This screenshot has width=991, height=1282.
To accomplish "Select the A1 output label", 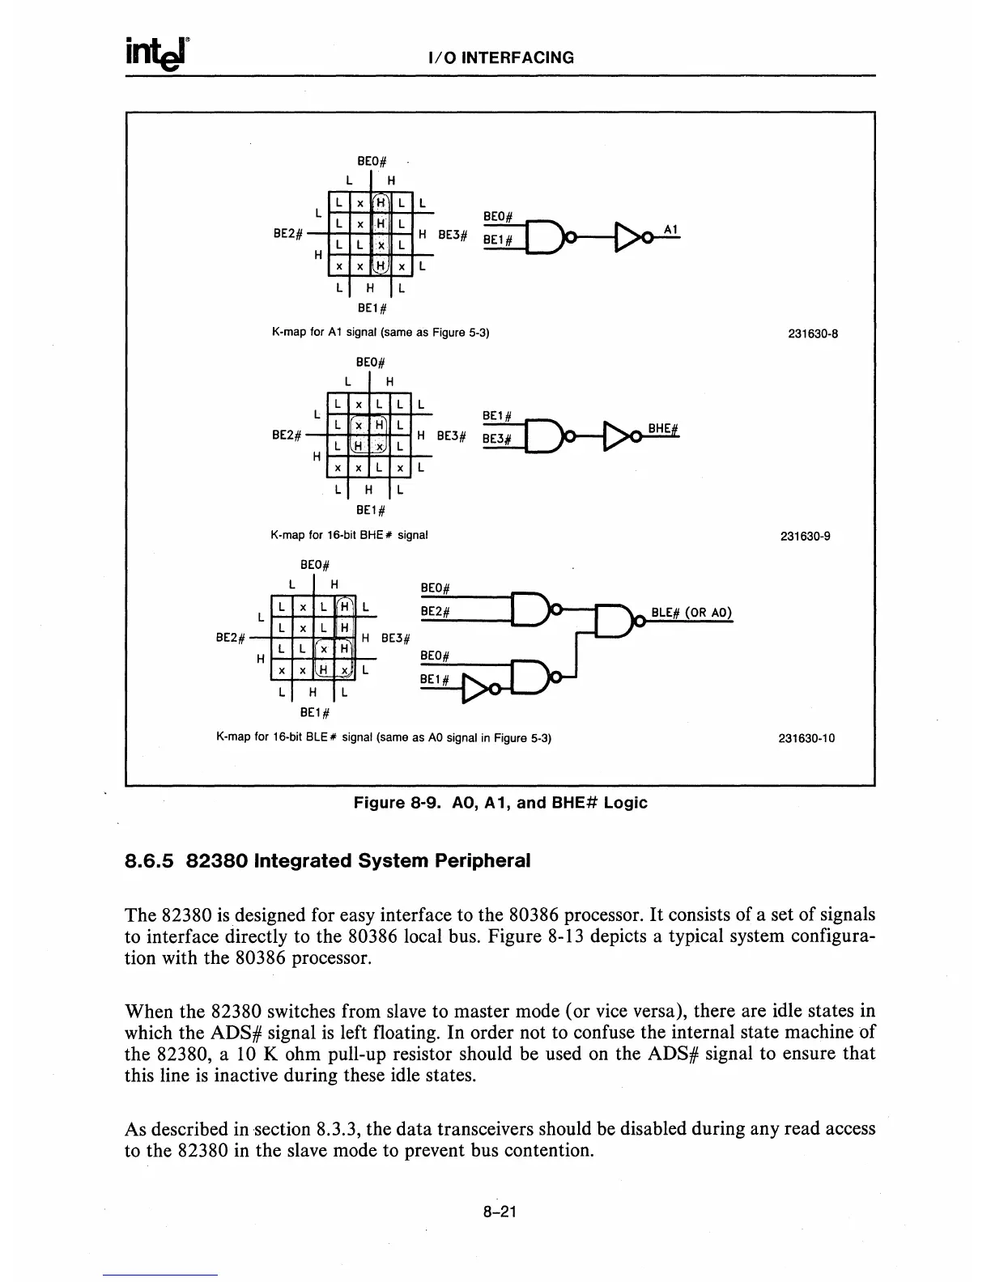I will pyautogui.click(x=670, y=229).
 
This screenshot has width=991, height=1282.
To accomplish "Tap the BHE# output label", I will pyautogui.click(x=663, y=428).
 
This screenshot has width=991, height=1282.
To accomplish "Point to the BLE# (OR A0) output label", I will pyautogui.click(x=691, y=613).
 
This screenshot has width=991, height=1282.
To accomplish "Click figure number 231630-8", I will pyautogui.click(x=812, y=331).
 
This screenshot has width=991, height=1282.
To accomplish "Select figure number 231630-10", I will pyautogui.click(x=806, y=738).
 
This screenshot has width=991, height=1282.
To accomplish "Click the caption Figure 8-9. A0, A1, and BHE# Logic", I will pyautogui.click(x=500, y=803).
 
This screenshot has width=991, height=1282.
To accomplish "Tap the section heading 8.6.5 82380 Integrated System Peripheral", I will pyautogui.click(x=328, y=860).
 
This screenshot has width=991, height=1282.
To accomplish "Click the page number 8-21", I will pyautogui.click(x=500, y=1212).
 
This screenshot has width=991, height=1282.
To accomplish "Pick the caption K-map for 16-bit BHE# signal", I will pyautogui.click(x=349, y=535).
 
